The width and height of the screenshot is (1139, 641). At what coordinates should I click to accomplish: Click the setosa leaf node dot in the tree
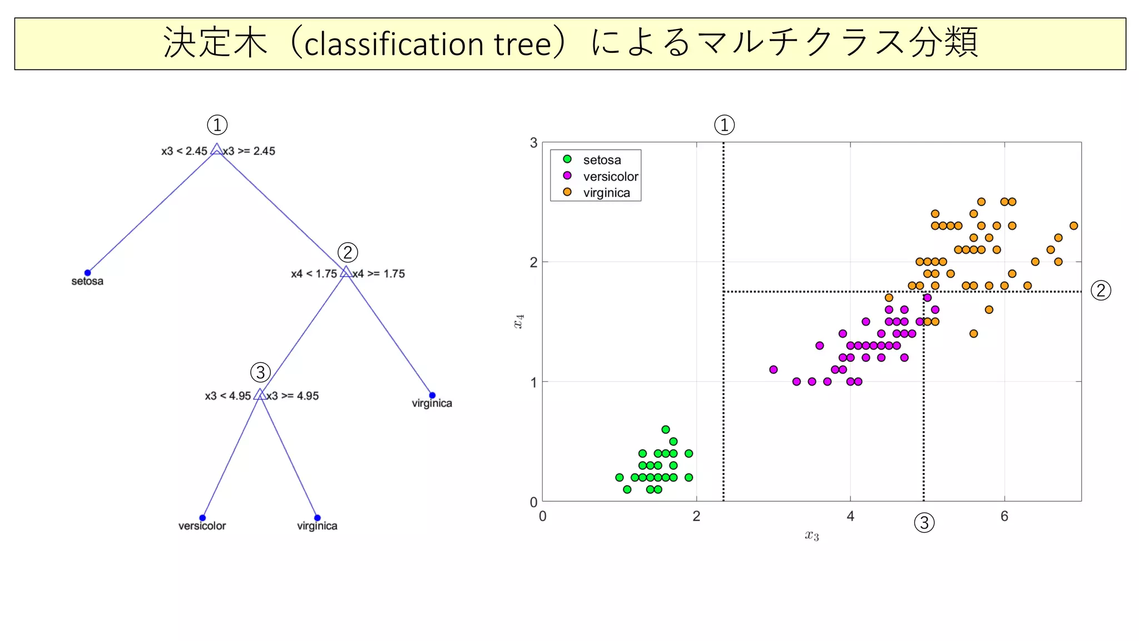[87, 273]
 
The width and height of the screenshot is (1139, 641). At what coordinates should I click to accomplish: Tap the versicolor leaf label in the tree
[202, 526]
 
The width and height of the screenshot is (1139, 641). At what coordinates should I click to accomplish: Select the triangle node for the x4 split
[346, 272]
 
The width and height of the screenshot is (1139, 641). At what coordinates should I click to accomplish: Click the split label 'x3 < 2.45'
[184, 151]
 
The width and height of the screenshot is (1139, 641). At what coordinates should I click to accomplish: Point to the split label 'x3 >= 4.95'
[293, 396]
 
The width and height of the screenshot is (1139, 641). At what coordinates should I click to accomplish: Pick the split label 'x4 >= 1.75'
[379, 273]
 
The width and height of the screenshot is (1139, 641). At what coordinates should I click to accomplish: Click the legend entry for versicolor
[610, 176]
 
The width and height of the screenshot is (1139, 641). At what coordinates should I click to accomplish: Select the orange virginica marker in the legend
[567, 192]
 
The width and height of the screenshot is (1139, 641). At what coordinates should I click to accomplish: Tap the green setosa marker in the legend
[567, 159]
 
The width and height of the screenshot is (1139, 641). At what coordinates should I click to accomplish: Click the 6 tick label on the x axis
[1004, 516]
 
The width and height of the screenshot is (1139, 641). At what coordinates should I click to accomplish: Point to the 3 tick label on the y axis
[534, 143]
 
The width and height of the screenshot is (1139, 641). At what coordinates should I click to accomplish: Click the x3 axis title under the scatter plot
[812, 535]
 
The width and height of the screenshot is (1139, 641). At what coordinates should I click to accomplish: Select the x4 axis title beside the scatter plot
[518, 322]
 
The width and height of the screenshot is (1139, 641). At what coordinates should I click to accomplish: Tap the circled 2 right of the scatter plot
[1101, 290]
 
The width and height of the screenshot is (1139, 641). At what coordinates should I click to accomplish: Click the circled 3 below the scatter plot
[924, 522]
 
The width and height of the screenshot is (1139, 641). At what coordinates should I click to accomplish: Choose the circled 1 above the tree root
[217, 125]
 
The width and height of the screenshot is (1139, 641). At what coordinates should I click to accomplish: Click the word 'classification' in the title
[394, 44]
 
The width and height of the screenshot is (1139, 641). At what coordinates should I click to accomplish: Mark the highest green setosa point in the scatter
[666, 429]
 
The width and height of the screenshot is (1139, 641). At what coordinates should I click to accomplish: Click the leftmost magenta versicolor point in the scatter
[773, 369]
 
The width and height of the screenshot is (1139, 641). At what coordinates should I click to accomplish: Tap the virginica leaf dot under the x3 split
[317, 517]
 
